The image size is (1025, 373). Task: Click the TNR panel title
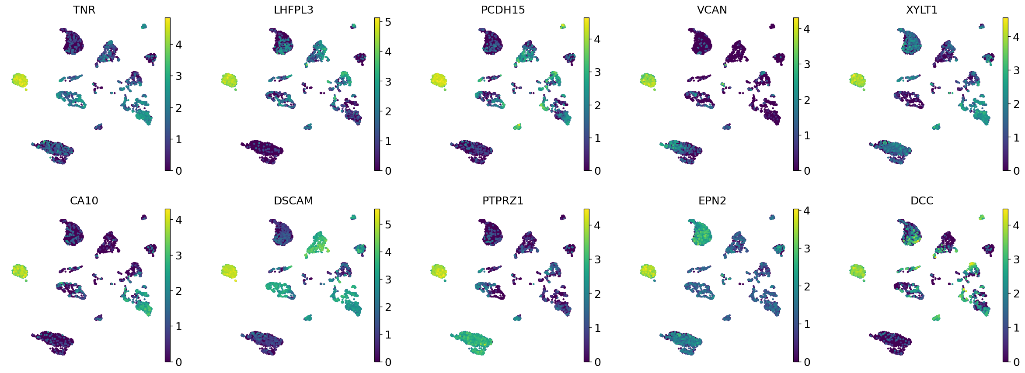84,10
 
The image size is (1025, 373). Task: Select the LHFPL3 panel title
293,10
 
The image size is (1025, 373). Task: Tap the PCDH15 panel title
503,10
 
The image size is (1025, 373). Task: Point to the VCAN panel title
712,10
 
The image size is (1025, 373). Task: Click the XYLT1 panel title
922,10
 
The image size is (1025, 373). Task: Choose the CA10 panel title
84,201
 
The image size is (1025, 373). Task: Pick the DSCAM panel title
293,201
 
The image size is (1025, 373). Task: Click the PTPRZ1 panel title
503,201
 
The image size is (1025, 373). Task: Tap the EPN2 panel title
712,201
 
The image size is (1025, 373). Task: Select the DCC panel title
922,201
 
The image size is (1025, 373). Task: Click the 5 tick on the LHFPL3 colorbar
388,22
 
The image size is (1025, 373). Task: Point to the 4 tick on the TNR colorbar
178,45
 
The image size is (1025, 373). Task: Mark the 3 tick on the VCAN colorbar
807,65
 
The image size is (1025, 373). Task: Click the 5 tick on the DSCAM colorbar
388,224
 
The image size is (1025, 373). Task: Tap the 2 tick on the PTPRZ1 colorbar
597,294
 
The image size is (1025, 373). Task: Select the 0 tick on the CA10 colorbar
178,362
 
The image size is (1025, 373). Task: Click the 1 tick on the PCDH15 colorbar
597,138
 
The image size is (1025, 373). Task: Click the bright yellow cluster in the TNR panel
20,80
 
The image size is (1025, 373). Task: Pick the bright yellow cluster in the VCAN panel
648,80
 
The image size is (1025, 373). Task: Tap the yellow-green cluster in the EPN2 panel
648,271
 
